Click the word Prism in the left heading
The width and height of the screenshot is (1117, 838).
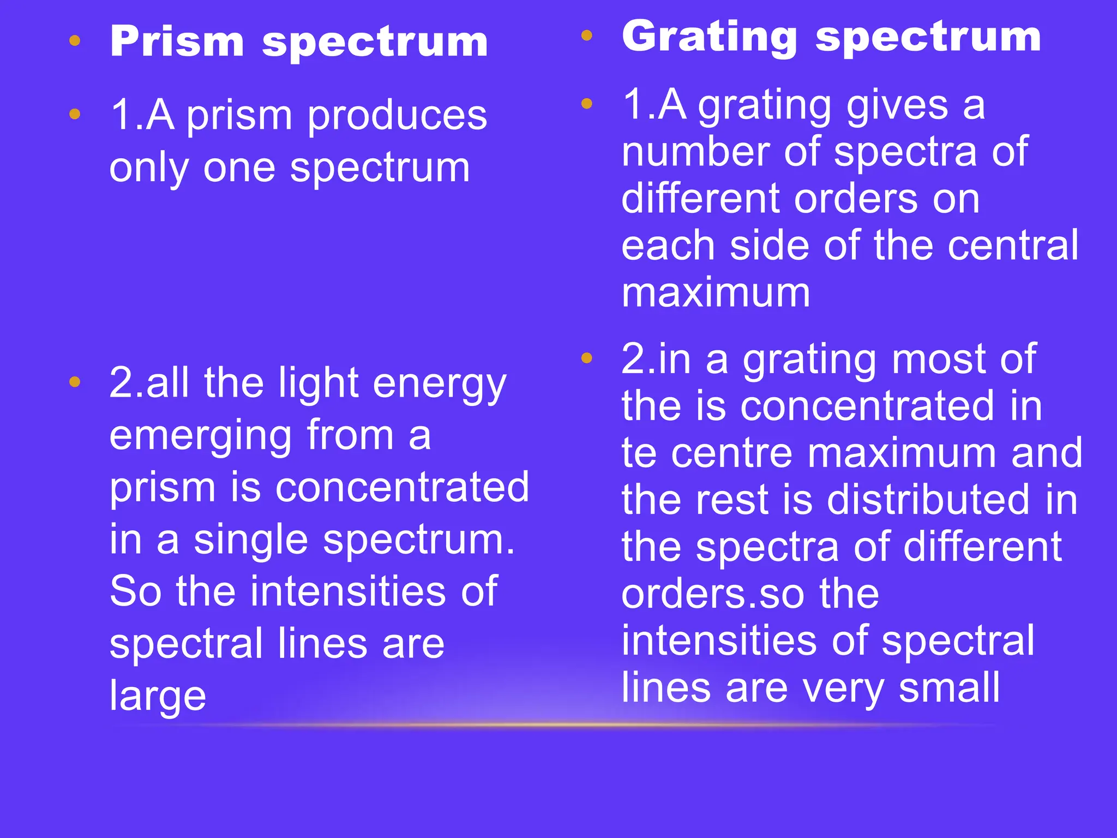coord(177,42)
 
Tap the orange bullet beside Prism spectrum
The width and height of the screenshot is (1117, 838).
coord(75,40)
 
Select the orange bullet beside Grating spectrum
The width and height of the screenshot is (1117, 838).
coord(587,36)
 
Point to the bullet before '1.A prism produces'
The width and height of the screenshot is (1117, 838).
coord(75,114)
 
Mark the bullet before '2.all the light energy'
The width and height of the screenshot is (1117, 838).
coord(75,382)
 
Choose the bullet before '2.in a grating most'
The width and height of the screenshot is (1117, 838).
coord(587,358)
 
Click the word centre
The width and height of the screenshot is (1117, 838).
coord(731,453)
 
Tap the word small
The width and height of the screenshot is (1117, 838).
coord(949,687)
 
